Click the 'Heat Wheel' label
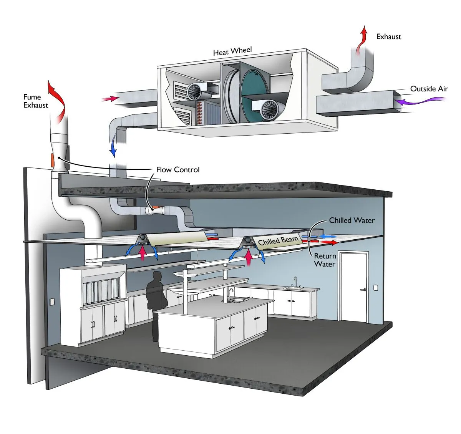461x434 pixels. click(x=232, y=51)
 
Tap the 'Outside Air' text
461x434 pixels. click(x=429, y=89)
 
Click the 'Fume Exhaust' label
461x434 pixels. click(x=35, y=101)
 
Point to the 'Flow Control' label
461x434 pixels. click(x=178, y=169)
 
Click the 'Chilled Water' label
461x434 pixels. click(x=352, y=220)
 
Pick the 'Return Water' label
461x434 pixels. click(x=325, y=260)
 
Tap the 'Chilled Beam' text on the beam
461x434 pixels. click(x=278, y=241)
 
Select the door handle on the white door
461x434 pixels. click(x=363, y=290)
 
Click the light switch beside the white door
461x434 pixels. click(x=376, y=288)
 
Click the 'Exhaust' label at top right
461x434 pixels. click(x=388, y=37)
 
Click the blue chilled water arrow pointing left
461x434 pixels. click(x=328, y=236)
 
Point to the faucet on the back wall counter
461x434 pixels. click(x=295, y=281)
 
